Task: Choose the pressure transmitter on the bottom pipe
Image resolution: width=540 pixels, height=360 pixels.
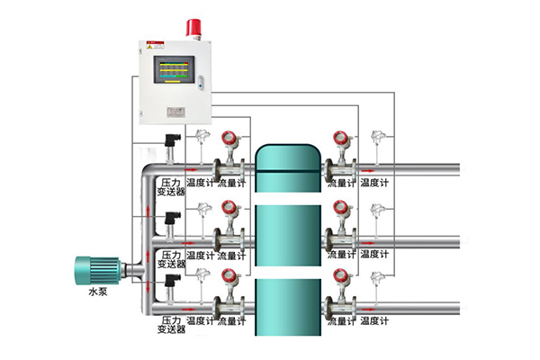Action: (171, 289)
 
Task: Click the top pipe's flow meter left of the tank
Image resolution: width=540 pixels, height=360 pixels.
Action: (228, 153)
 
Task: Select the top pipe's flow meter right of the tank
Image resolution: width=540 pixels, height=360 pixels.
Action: (340, 153)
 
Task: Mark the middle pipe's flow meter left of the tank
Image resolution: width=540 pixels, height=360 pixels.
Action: (228, 225)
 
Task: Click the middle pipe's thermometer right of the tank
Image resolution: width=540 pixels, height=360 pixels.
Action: (376, 216)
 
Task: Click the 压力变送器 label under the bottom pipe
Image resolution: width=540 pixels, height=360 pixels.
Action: (171, 325)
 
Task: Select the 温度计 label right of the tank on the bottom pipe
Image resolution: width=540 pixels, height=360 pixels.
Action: (373, 320)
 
